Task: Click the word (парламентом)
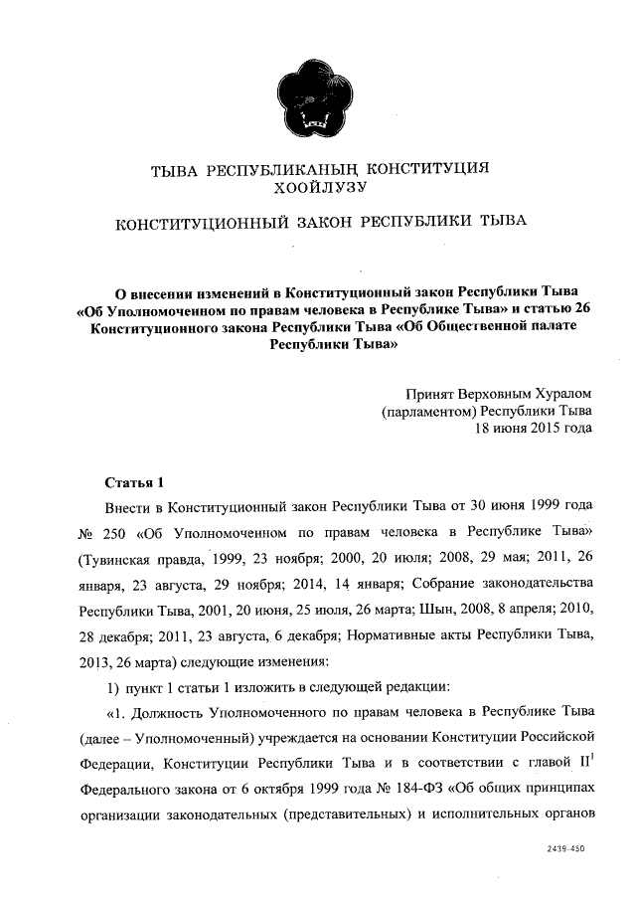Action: [430, 411]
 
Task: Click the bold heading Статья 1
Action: [133, 483]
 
